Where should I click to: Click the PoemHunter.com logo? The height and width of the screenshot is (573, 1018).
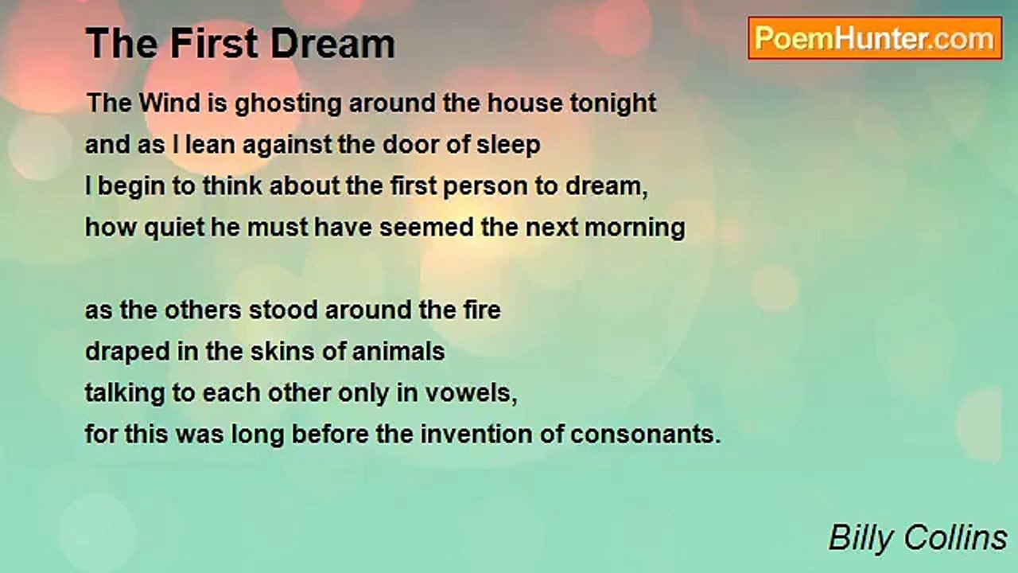pyautogui.click(x=875, y=38)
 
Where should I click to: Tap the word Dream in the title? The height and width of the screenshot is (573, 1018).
pyautogui.click(x=333, y=44)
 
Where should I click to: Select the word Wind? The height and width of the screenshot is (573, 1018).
pyautogui.click(x=169, y=103)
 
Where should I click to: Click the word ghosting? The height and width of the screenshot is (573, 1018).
pyautogui.click(x=288, y=104)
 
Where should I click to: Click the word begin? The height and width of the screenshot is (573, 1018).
pyautogui.click(x=131, y=187)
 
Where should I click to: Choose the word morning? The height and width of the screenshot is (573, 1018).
pyautogui.click(x=635, y=228)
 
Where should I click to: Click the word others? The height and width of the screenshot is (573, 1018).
pyautogui.click(x=203, y=310)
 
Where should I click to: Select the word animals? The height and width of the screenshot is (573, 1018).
pyautogui.click(x=398, y=352)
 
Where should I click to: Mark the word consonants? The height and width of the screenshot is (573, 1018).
pyautogui.click(x=646, y=435)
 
